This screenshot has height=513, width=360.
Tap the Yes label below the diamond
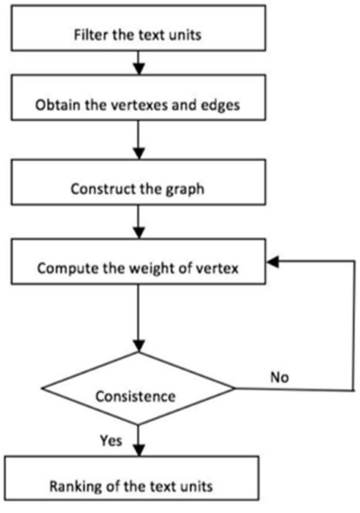click(112, 439)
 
